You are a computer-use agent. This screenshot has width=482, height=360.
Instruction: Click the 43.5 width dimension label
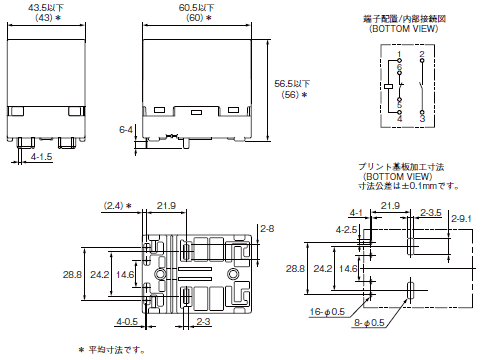click(46, 7)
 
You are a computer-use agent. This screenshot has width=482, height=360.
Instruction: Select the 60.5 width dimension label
click(197, 7)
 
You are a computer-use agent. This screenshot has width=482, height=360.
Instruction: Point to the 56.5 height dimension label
click(292, 84)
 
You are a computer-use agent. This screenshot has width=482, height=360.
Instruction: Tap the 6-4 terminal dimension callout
click(126, 129)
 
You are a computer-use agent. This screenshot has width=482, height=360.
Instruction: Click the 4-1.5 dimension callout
click(42, 156)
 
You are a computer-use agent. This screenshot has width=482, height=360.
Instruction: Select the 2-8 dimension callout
click(267, 229)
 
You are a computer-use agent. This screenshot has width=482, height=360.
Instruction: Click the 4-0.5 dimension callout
click(127, 321)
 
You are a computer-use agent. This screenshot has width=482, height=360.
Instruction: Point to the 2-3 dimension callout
click(203, 321)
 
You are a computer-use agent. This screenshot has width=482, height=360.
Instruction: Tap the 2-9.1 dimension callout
click(461, 219)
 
